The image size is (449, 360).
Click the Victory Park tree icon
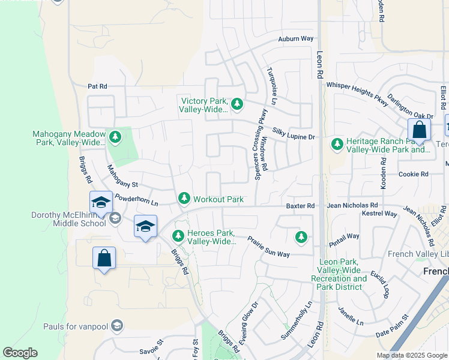pyautogui.click(x=237, y=104)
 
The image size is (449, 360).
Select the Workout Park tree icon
pyautogui.click(x=184, y=199)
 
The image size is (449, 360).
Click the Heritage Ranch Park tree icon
pyautogui.click(x=336, y=144)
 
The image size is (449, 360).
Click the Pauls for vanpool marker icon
pyautogui.click(x=117, y=326)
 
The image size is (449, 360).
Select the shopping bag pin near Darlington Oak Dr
pyautogui.click(x=418, y=129)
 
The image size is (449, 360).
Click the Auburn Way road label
pyautogui.click(x=296, y=39)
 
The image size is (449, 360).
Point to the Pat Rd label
pyautogui.click(x=97, y=86)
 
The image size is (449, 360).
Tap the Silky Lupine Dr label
pyautogui.click(x=294, y=137)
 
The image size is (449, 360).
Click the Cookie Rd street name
pyautogui.click(x=414, y=174)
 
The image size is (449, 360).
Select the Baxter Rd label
pyautogui.click(x=300, y=206)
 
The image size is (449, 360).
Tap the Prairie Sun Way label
pyautogui.click(x=270, y=247)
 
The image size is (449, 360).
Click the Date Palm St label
pyautogui.click(x=391, y=324)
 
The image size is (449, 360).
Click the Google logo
pyautogui.click(x=20, y=353)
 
